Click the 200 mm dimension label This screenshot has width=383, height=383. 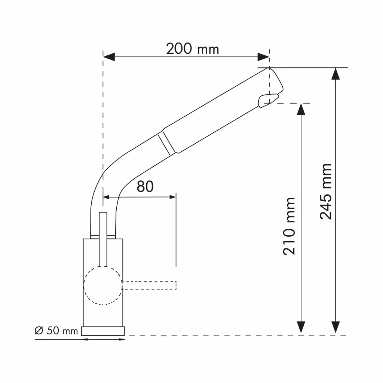coord(192,49)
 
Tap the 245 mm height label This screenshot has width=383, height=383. coord(326,191)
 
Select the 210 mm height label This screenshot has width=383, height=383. coord(289,226)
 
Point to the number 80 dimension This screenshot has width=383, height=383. coord(145,186)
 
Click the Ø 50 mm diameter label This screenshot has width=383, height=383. coord(56,331)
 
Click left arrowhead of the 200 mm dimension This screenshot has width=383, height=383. coord(109,57)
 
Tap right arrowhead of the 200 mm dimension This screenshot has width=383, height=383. coord(264,57)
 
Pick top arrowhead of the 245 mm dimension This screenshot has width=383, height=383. coord(335,74)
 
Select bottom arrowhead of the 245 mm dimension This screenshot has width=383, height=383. coord(335,327)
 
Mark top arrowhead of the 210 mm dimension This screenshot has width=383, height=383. coord(301,109)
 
